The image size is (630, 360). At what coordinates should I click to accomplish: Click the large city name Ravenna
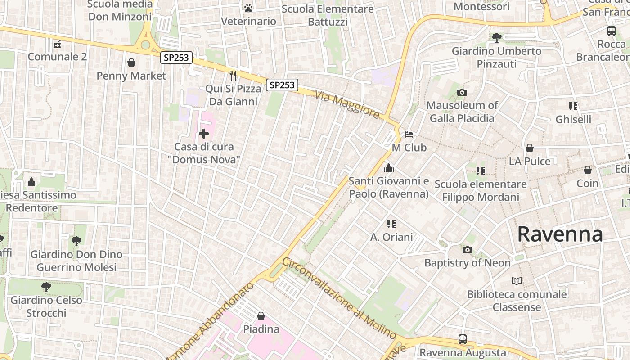point(560,234)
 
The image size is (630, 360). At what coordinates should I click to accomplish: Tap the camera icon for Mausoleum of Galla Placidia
point(462,93)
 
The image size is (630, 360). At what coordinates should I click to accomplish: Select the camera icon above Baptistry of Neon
point(468,250)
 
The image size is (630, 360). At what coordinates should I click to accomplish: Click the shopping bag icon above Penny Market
point(131,63)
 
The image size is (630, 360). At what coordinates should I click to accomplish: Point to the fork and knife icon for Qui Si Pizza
point(233,75)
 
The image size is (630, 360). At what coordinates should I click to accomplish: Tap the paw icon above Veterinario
point(248,8)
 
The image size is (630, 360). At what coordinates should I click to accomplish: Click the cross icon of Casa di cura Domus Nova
point(204,134)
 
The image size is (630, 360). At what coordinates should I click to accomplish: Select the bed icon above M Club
point(409,134)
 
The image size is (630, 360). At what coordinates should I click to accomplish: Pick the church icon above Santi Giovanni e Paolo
point(389,168)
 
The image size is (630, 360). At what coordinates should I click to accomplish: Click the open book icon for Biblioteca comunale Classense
point(517,281)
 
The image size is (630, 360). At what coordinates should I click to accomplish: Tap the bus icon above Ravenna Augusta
point(463,339)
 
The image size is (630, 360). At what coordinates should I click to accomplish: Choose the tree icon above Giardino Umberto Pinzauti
point(497,38)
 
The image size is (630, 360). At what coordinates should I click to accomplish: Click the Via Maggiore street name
point(347,105)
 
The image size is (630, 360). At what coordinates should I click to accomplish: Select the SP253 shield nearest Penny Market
point(176,58)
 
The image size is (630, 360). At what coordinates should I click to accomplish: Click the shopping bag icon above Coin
point(588,170)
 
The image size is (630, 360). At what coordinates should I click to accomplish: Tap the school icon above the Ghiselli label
point(573,106)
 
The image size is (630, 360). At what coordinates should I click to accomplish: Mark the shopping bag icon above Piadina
point(261,316)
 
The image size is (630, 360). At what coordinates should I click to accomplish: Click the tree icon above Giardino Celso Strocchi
point(46,287)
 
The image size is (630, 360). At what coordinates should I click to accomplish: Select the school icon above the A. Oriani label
point(391,224)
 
